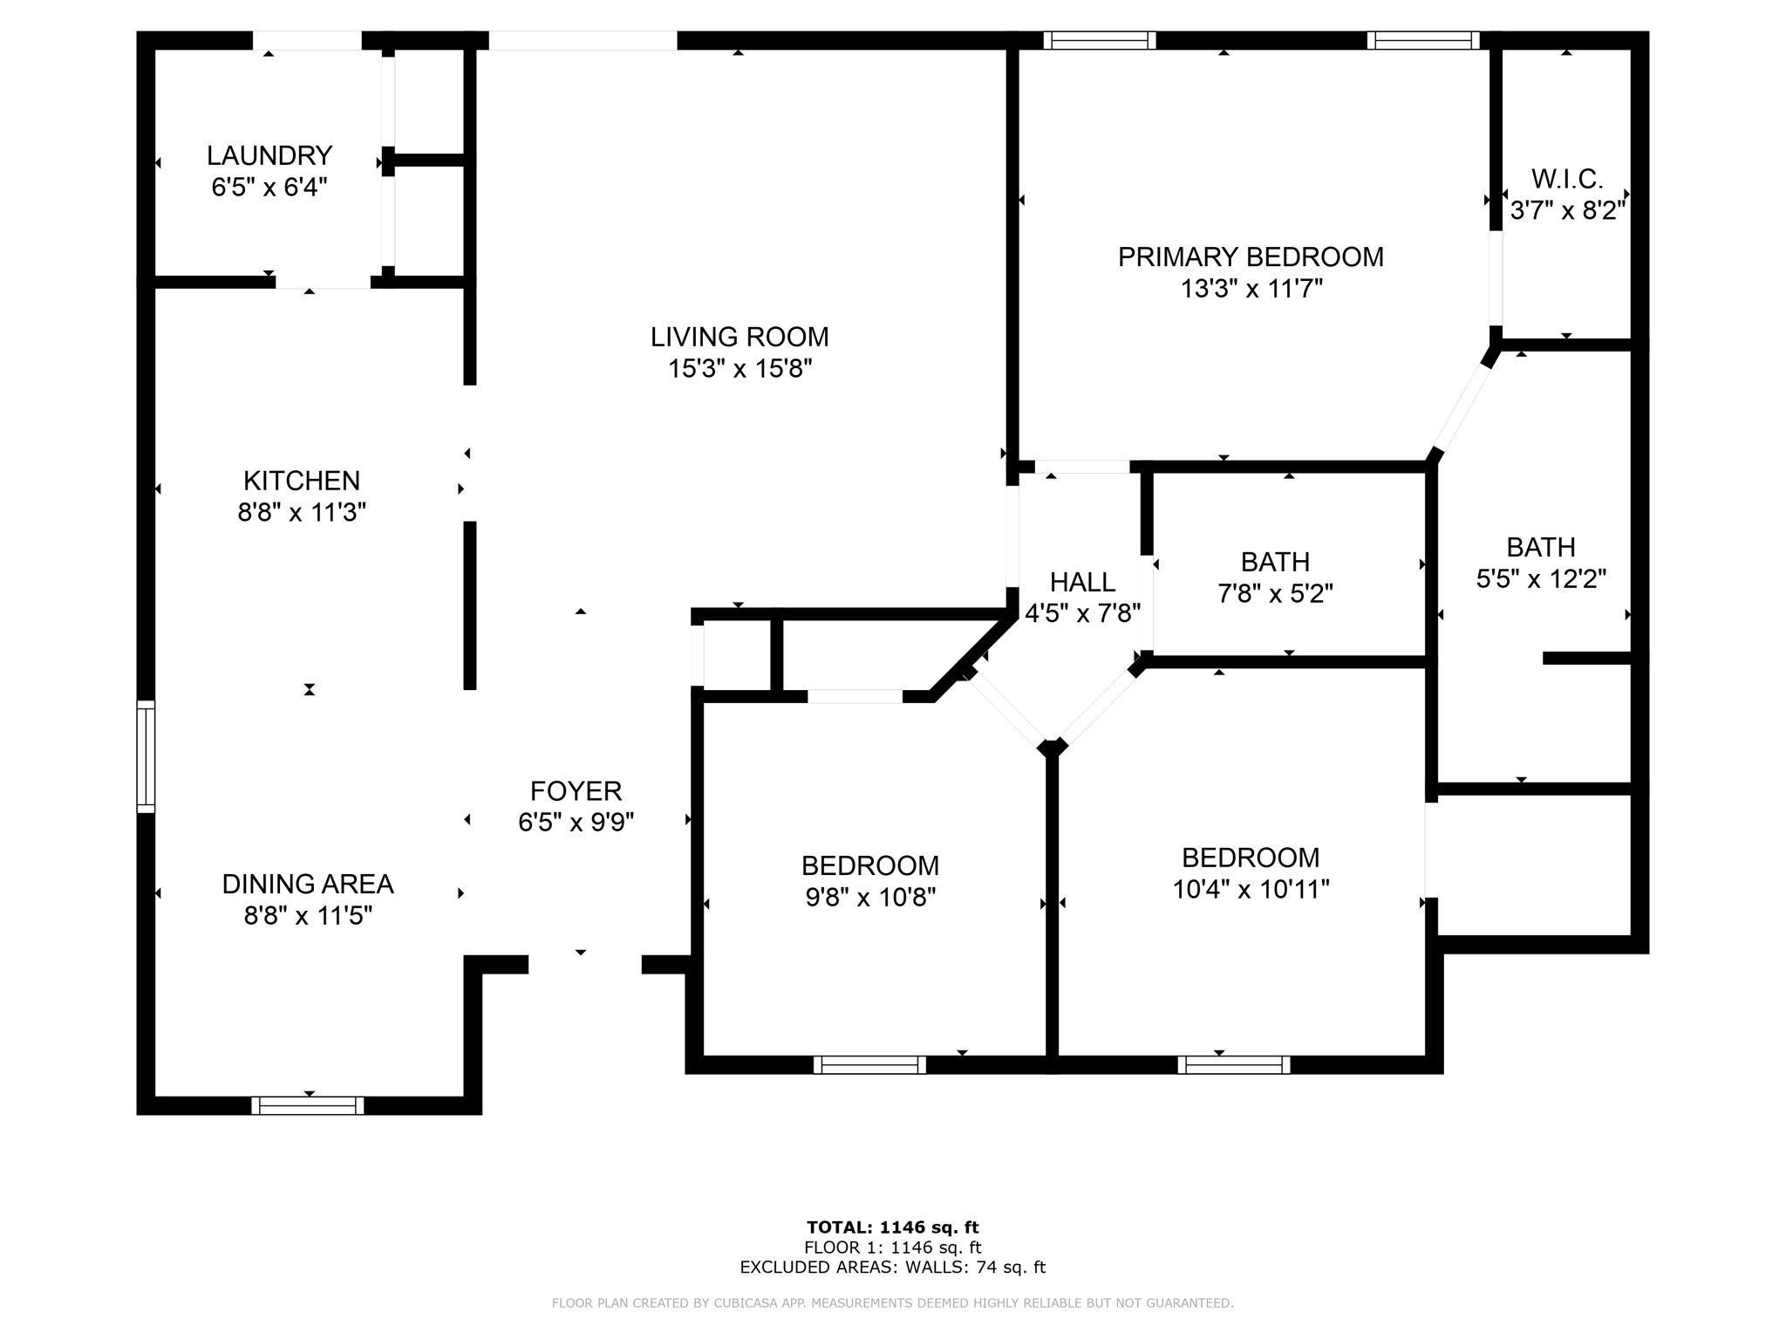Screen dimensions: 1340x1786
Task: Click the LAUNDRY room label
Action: pyautogui.click(x=269, y=156)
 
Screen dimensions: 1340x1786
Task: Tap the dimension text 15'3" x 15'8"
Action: pyautogui.click(x=740, y=369)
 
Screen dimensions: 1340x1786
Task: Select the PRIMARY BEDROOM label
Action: pyautogui.click(x=1251, y=257)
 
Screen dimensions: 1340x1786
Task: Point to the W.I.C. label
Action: pyautogui.click(x=1567, y=179)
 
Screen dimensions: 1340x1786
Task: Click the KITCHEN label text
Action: pyautogui.click(x=301, y=481)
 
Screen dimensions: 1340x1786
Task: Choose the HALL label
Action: pyautogui.click(x=1082, y=582)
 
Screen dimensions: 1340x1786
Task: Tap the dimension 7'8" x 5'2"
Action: pyautogui.click(x=1275, y=594)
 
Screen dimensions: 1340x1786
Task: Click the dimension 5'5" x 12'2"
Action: pyautogui.click(x=1541, y=579)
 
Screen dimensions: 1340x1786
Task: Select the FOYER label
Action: pyautogui.click(x=576, y=791)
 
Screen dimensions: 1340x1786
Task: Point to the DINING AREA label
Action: pyautogui.click(x=308, y=885)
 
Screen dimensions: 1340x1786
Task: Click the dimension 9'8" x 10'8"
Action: pyautogui.click(x=870, y=898)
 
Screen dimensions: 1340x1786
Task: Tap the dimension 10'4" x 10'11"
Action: pyautogui.click(x=1251, y=890)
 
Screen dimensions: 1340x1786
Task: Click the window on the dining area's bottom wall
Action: pyautogui.click(x=308, y=1105)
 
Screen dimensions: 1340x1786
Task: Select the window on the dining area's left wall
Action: pyautogui.click(x=146, y=756)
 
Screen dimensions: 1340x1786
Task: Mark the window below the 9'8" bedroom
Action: pyautogui.click(x=869, y=1064)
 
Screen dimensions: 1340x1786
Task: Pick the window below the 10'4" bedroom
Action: pyautogui.click(x=1233, y=1064)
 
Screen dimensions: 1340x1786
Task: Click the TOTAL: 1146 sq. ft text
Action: pyautogui.click(x=892, y=1227)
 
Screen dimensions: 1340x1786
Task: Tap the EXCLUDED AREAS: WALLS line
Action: pyautogui.click(x=892, y=1268)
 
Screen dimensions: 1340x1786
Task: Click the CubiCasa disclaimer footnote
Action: pyautogui.click(x=892, y=1303)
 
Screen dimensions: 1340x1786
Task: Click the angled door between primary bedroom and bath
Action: pyautogui.click(x=1462, y=406)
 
